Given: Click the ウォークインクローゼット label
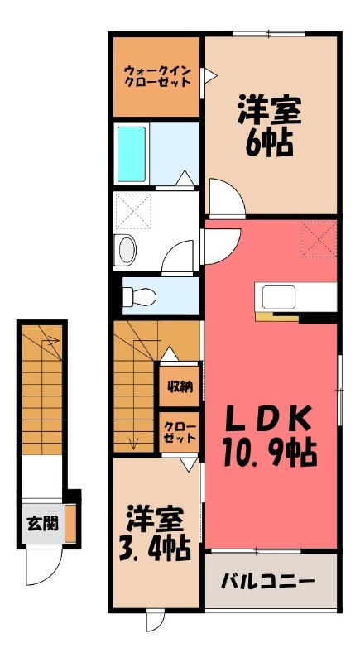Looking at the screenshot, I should [x=156, y=76].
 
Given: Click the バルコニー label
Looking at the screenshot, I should [x=267, y=581].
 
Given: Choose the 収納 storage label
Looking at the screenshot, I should [x=180, y=387].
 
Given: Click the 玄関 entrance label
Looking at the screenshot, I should [x=42, y=524].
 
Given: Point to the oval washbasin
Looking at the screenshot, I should [x=126, y=249].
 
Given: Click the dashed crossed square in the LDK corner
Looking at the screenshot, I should [x=318, y=240].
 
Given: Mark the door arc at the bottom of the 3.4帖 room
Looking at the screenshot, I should [x=155, y=620].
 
